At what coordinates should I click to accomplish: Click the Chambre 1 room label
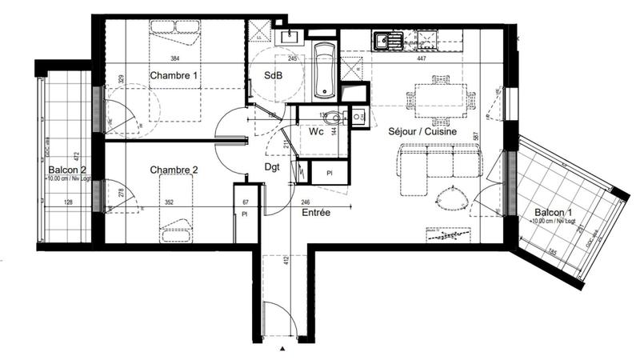[x=174, y=75]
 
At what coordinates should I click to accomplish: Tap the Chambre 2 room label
[x=174, y=170]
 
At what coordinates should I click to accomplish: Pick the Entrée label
[x=316, y=214]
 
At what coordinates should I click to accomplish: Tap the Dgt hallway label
[x=273, y=168]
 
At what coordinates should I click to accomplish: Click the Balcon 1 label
[x=553, y=213]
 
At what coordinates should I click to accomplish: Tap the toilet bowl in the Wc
[x=341, y=119]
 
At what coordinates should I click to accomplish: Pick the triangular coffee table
[x=454, y=198]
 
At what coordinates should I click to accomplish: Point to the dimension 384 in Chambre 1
[x=174, y=58]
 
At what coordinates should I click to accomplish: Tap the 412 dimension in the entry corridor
[x=284, y=261]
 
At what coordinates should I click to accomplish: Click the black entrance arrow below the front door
[x=282, y=350]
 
